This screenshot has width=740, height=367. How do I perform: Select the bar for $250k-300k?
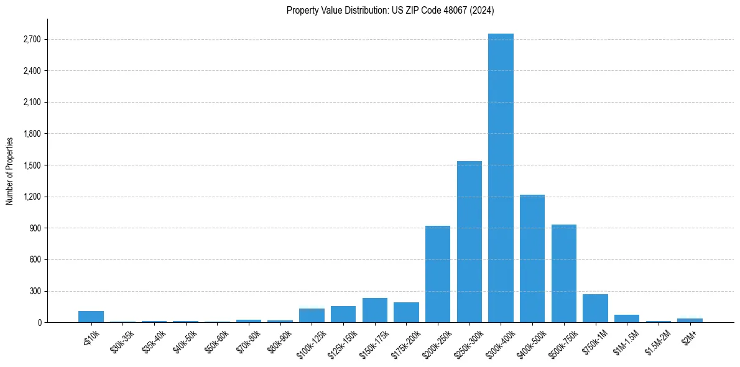pyautogui.click(x=469, y=242)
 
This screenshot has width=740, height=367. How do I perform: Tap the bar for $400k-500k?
pyautogui.click(x=532, y=259)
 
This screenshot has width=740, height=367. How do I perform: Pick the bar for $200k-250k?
pyautogui.click(x=438, y=274)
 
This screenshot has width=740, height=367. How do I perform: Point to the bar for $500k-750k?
pyautogui.click(x=564, y=274)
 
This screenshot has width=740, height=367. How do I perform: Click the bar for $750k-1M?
pyautogui.click(x=595, y=309)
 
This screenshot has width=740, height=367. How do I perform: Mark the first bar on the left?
pyautogui.click(x=91, y=317)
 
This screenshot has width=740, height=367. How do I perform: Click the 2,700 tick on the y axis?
pyautogui.click(x=32, y=39)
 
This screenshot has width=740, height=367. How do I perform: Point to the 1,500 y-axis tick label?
pyautogui.click(x=32, y=165)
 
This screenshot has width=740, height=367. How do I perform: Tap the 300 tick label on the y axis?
pyautogui.click(x=35, y=291)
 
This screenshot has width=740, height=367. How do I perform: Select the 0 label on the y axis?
pyautogui.click(x=39, y=323)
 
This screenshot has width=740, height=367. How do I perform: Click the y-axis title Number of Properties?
pyautogui.click(x=9, y=170)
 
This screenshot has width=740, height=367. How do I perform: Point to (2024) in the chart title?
pyautogui.click(x=483, y=10)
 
